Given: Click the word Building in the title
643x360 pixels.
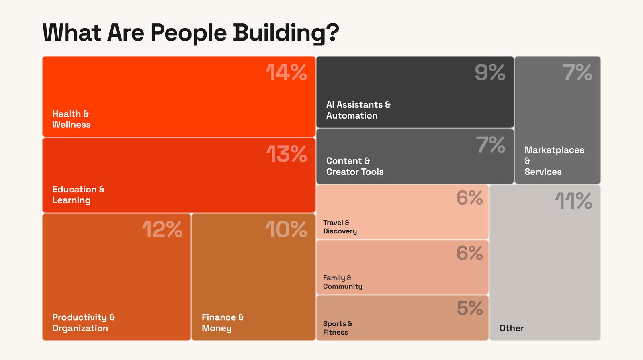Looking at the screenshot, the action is click(x=286, y=33).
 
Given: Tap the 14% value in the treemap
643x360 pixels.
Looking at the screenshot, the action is click(x=286, y=73).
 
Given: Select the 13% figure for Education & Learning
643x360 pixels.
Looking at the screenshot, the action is click(x=287, y=154).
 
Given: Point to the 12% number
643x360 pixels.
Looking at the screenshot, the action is click(x=162, y=229).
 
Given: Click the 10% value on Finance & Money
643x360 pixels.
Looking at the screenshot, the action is click(x=286, y=229).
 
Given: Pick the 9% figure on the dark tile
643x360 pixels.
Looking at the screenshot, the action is click(x=490, y=72).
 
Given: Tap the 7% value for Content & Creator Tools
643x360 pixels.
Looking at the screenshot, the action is click(x=491, y=145).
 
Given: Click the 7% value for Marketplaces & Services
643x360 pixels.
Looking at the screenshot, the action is click(x=577, y=72).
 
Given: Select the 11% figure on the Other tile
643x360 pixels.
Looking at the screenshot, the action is click(x=573, y=200).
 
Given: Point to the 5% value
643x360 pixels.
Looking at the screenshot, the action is click(x=470, y=308).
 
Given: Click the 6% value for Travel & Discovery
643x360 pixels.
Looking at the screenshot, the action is click(x=470, y=198).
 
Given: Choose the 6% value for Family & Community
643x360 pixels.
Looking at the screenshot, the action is click(x=470, y=253).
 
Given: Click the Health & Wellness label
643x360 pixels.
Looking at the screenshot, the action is click(x=72, y=119).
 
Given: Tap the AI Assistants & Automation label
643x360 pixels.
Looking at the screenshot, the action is click(x=358, y=110).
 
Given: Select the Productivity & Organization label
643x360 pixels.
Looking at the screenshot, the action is click(x=84, y=323).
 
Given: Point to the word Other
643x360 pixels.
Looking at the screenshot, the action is click(x=512, y=328).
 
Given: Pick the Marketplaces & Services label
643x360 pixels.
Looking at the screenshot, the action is click(x=554, y=161).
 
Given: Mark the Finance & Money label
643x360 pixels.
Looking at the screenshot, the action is click(x=223, y=323).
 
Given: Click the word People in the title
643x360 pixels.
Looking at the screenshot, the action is click(x=188, y=33).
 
